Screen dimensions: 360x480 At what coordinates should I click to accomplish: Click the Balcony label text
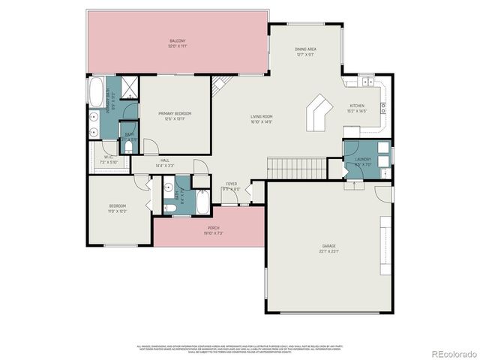(177, 40)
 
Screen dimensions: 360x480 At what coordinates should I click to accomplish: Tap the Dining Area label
(304, 49)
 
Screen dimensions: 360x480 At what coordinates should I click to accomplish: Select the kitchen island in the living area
(319, 111)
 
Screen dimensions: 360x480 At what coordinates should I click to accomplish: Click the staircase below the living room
(295, 169)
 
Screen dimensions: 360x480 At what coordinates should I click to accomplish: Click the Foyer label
(232, 183)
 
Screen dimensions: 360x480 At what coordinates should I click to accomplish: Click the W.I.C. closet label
(108, 159)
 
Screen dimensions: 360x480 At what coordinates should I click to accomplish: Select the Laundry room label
(363, 159)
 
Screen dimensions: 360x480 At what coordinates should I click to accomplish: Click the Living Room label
(261, 116)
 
